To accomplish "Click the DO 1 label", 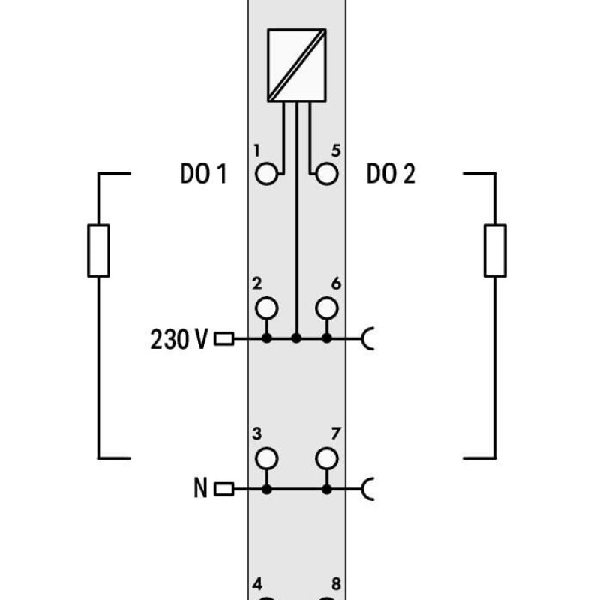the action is [x=203, y=174].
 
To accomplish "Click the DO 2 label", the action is [x=391, y=174].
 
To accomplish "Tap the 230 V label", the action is [x=179, y=339].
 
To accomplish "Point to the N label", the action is [x=200, y=488].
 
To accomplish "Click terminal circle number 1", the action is [x=267, y=174].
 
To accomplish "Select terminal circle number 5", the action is [x=327, y=174].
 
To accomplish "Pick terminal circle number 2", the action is [x=267, y=308].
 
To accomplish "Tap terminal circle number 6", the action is [x=327, y=308].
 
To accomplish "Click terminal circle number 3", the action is [x=267, y=458].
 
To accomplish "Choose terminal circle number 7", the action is [x=327, y=458].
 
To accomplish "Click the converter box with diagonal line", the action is [x=297, y=65].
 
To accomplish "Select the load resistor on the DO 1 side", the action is [x=99, y=250].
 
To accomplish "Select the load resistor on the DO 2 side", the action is [x=495, y=250].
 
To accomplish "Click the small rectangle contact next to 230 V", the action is [x=223, y=339].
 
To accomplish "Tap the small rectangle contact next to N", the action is [x=223, y=489].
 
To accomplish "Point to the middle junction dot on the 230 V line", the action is [x=296, y=338].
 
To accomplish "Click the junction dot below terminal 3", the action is [x=267, y=489].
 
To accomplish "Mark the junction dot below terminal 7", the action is [x=327, y=489].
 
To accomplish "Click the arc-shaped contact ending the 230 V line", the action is [x=364, y=339].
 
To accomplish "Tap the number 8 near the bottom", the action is [x=336, y=584].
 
